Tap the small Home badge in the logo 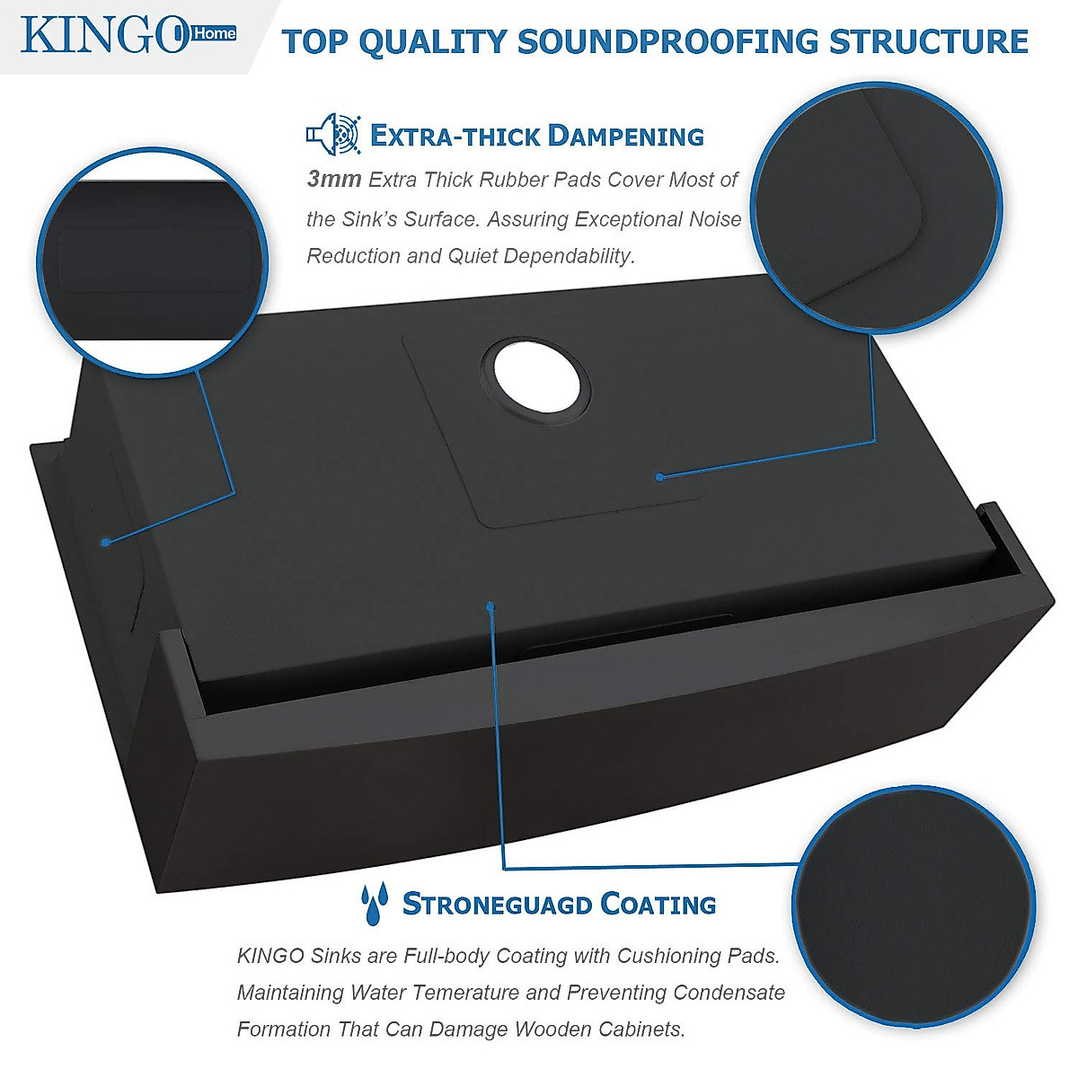215,33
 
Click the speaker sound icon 332,135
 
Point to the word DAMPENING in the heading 625,137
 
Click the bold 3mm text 333,179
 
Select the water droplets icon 375,903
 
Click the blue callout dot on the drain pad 659,476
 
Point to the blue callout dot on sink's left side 106,542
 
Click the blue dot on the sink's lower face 490,607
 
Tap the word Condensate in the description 729,993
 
